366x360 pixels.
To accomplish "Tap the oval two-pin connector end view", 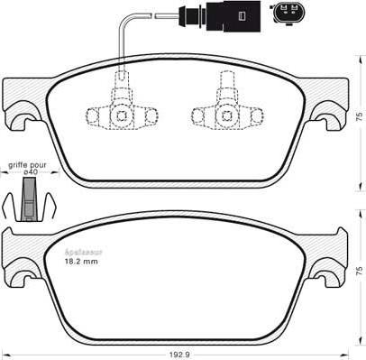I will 293,15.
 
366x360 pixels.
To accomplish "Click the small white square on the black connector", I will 242,15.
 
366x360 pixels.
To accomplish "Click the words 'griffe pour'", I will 27,165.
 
